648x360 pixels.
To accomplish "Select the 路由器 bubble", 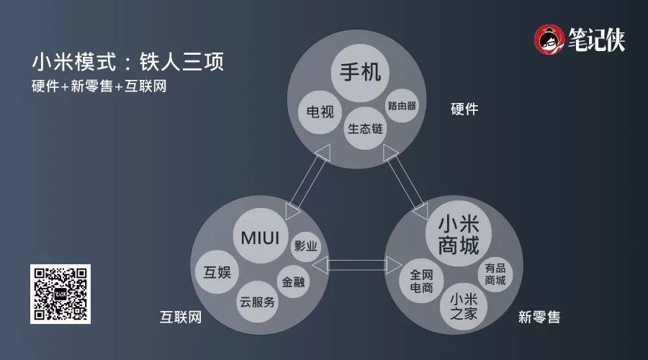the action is click(402, 106).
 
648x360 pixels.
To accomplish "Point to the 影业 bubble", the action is click(305, 246).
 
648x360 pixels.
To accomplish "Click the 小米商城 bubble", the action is click(458, 234).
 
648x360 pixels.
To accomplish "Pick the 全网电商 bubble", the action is click(420, 280).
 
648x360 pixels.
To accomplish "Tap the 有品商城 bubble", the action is click(495, 274).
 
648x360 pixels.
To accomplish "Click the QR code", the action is click(60, 294).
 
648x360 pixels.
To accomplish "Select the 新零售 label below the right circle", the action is click(539, 317).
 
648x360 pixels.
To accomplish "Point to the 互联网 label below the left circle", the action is click(180, 317).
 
